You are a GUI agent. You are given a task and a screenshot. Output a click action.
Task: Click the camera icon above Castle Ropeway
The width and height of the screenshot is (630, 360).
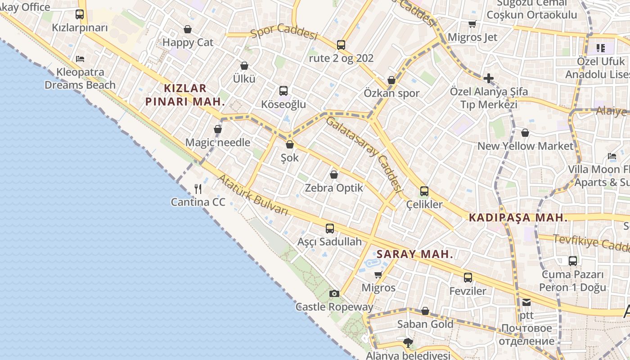pyautogui.click(x=334, y=294)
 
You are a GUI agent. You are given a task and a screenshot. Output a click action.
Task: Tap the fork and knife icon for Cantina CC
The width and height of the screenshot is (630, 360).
pyautogui.click(x=198, y=189)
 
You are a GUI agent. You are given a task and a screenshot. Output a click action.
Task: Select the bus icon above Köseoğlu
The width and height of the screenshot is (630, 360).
pyautogui.click(x=283, y=91)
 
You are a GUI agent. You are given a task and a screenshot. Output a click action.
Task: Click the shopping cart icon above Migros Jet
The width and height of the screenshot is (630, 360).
pyautogui.click(x=472, y=24)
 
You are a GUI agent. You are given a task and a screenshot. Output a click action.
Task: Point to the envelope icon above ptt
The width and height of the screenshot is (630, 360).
pyautogui.click(x=526, y=302)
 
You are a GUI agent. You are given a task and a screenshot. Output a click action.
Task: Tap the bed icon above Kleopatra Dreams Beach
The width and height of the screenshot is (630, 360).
pyautogui.click(x=80, y=58)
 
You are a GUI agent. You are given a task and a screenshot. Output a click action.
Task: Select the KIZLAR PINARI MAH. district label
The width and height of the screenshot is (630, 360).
pyautogui.click(x=185, y=94)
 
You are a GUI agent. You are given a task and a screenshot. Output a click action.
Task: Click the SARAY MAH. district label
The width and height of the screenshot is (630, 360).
pyautogui.click(x=415, y=254)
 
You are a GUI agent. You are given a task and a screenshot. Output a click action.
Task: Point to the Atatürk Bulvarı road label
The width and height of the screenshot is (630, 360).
pyautogui.click(x=253, y=194)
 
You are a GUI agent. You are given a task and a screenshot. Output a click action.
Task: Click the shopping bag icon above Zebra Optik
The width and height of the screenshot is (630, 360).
pyautogui.click(x=334, y=175)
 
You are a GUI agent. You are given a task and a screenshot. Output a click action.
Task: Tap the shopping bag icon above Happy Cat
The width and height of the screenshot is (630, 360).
pyautogui.click(x=188, y=29)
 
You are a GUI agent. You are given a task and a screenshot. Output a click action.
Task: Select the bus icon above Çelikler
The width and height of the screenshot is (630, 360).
pyautogui.click(x=424, y=191)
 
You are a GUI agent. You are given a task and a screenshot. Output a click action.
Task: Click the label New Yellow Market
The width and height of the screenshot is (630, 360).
pyautogui.click(x=525, y=146)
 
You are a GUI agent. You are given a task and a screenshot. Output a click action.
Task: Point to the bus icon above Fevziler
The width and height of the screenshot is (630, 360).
pyautogui.click(x=468, y=278)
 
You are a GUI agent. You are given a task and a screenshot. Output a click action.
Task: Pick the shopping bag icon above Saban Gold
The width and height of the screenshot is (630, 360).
pyautogui.click(x=425, y=311)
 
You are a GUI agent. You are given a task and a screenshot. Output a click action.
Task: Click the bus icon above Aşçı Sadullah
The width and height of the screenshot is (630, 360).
pyautogui.click(x=330, y=229)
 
